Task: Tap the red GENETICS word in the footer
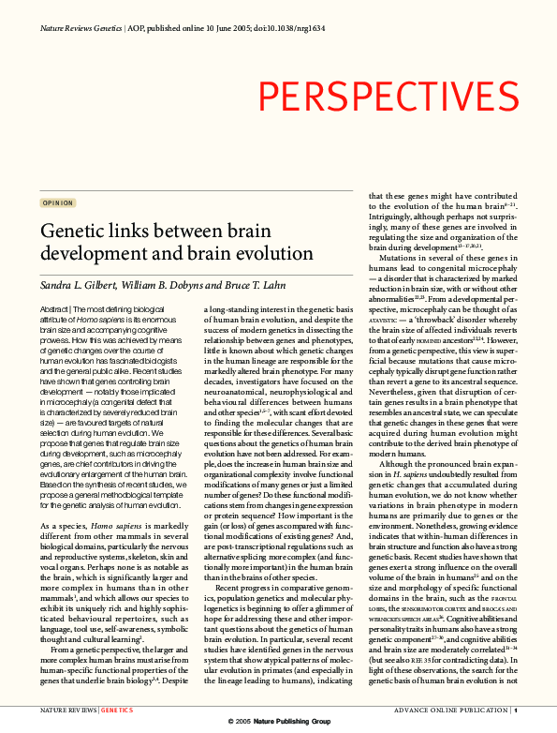tap(117, 712)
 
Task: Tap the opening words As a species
tap(65, 527)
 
